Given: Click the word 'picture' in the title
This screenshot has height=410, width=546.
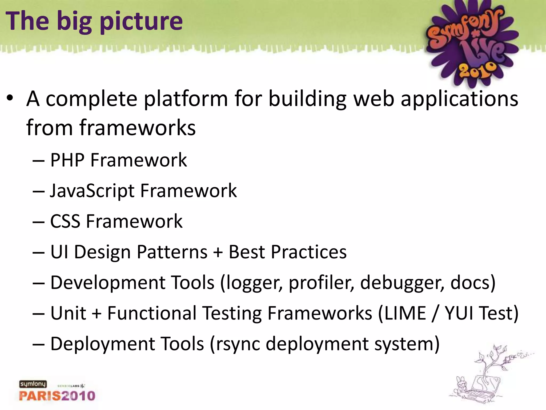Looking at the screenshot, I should (141, 21).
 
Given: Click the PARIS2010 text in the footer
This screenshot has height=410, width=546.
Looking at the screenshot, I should (57, 396).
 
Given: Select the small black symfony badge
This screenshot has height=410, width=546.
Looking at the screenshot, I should (33, 384).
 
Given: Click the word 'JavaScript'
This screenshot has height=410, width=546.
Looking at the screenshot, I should (92, 191).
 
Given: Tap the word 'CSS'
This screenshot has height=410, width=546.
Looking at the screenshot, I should (65, 222).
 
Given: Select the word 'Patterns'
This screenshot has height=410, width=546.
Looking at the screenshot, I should (172, 252).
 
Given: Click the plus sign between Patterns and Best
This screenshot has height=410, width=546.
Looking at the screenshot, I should (218, 253).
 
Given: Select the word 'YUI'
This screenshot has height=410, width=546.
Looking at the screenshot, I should (459, 313).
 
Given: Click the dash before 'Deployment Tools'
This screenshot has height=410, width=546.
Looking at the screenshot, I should (38, 344).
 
